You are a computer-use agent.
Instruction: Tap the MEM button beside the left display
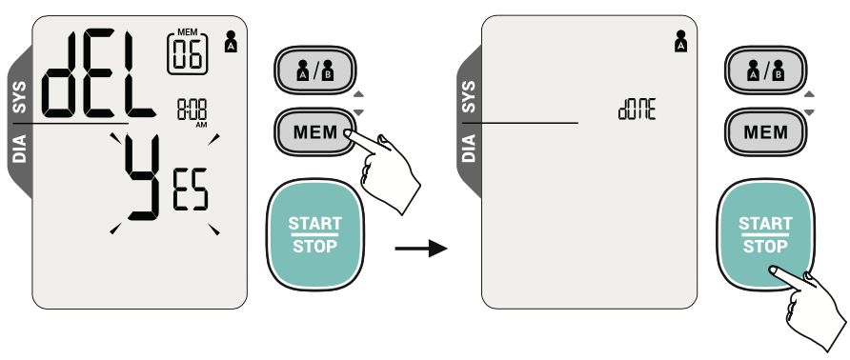pyautogui.click(x=315, y=132)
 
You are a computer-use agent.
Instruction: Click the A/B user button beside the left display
pyautogui.click(x=315, y=70)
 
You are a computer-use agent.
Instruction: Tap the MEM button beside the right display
pyautogui.click(x=765, y=132)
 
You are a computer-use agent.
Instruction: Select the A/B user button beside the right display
pyautogui.click(x=765, y=70)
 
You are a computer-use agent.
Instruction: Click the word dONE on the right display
pyautogui.click(x=637, y=110)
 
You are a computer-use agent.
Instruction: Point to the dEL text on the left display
pyautogui.click(x=97, y=75)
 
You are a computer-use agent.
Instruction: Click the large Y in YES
pyautogui.click(x=143, y=177)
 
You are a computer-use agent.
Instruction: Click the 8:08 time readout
pyautogui.click(x=192, y=110)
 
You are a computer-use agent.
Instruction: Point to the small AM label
pyautogui.click(x=201, y=126)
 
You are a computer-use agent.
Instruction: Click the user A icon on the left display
pyautogui.click(x=231, y=42)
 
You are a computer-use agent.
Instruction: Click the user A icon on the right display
pyautogui.click(x=681, y=41)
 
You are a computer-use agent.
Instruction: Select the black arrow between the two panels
pyautogui.click(x=421, y=249)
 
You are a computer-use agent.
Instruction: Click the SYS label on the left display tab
pyautogui.click(x=19, y=97)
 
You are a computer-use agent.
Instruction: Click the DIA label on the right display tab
pyautogui.click(x=470, y=148)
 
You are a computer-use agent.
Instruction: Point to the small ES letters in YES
pyautogui.click(x=191, y=190)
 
